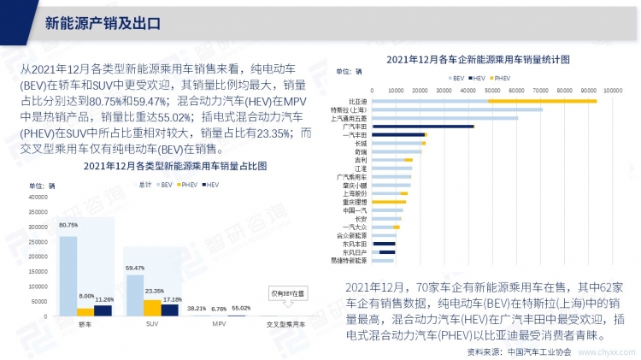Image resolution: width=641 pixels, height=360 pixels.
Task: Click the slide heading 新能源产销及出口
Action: [102, 22]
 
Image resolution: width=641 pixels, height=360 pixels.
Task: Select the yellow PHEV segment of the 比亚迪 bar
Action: [542, 101]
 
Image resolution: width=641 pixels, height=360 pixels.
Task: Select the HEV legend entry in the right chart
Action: [479, 77]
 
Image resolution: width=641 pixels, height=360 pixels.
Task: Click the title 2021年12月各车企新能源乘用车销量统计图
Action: [478, 59]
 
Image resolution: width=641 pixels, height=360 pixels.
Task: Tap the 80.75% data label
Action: [68, 225]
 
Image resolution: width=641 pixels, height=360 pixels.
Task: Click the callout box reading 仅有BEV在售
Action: [287, 293]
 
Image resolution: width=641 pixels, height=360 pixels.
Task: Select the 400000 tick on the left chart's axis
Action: [39, 198]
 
